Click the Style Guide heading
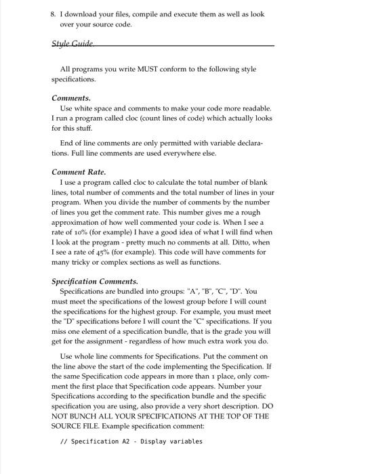pos(73,43)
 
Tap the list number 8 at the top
pos(54,14)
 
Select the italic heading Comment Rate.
pos(79,172)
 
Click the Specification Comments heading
pos(95,281)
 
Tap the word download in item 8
pos(84,14)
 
